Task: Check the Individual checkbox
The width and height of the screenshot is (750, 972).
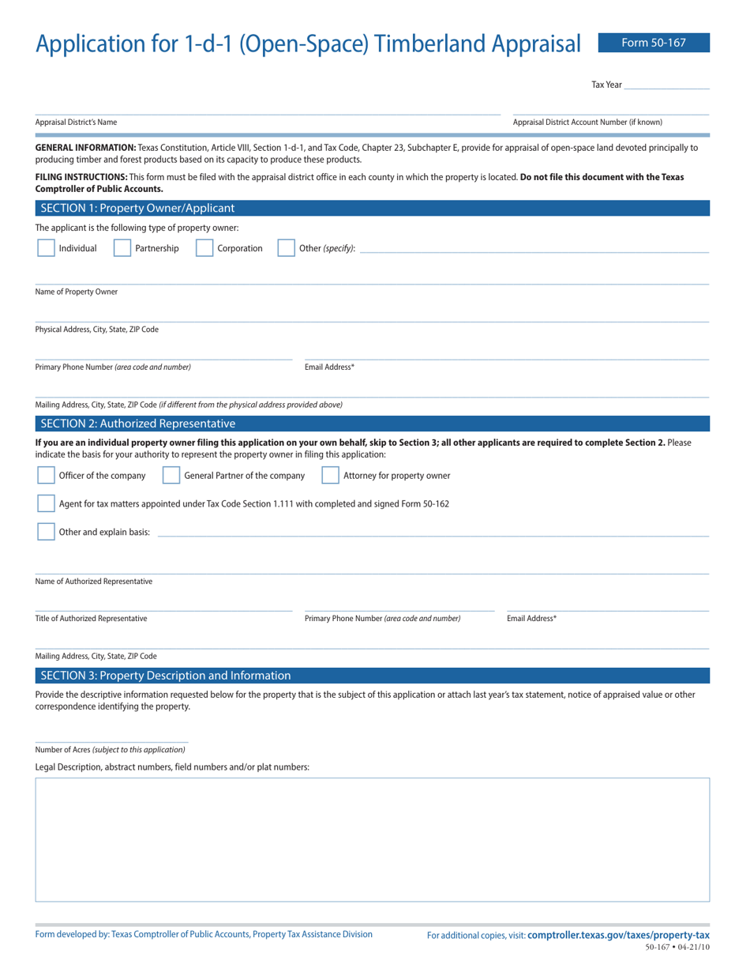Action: pos(46,248)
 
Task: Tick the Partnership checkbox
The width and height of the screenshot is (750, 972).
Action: pos(122,248)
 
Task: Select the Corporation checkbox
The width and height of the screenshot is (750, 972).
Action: pos(204,248)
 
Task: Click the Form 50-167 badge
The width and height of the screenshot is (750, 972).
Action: pos(654,43)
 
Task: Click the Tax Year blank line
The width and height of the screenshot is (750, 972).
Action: pos(666,84)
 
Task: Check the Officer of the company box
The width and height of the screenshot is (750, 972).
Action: pos(46,475)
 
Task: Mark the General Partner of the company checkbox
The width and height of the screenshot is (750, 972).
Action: pos(171,475)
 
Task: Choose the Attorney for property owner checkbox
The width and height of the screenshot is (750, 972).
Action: pos(330,475)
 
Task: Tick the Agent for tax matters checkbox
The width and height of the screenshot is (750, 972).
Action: pos(46,503)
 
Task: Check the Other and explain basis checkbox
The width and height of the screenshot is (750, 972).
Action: pos(46,532)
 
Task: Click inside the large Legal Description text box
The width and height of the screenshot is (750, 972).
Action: pos(372,839)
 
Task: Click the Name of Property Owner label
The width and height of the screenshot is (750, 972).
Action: pos(77,292)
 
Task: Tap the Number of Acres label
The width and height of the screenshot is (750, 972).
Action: pos(110,749)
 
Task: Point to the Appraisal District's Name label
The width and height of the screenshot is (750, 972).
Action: pos(76,122)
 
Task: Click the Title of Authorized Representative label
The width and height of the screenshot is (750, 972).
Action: pos(90,618)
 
